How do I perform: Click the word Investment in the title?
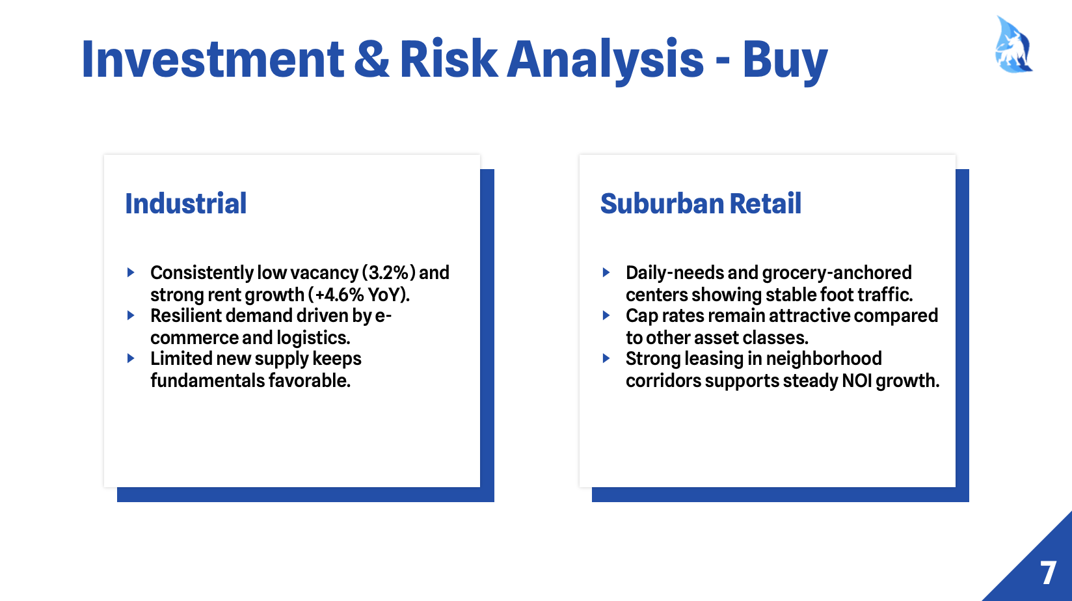[213, 59]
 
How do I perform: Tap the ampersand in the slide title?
[371, 59]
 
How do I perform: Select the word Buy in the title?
[785, 62]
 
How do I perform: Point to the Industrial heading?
[185, 204]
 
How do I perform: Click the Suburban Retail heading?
[701, 204]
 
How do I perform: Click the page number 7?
[1048, 573]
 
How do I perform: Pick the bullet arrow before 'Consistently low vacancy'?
[131, 273]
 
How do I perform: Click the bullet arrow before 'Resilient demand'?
[131, 315]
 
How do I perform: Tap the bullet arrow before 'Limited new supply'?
[131, 358]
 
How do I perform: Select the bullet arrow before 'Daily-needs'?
[606, 273]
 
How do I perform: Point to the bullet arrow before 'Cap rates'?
[606, 315]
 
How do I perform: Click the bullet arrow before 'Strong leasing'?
[606, 358]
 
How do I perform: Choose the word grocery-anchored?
[837, 273]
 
